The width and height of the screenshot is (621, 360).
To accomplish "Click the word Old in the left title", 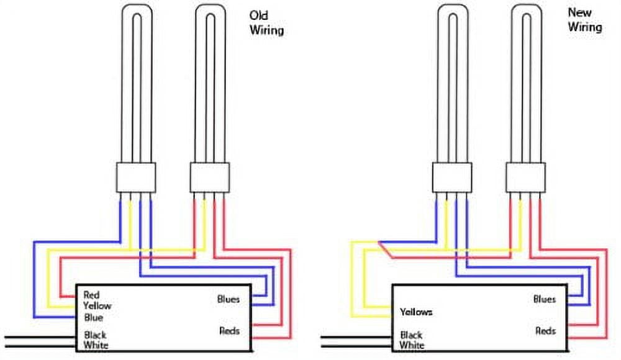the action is (258, 16).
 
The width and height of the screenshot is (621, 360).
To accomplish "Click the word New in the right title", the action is (579, 12).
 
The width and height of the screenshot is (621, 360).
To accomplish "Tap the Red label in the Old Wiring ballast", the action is (91, 295).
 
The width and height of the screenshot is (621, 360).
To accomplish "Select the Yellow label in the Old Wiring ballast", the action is (97, 306).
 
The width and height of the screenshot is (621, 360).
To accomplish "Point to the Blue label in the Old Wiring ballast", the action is (94, 318).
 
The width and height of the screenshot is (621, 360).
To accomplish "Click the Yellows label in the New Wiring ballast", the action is (416, 312).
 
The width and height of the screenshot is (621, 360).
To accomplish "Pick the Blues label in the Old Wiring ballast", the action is (229, 299).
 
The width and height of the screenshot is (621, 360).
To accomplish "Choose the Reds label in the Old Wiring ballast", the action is (229, 331).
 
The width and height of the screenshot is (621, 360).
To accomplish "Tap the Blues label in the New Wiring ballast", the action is (545, 299).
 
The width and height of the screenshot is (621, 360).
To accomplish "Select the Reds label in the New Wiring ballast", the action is (545, 331).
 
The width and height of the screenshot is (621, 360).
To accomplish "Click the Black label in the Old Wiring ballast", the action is (95, 335).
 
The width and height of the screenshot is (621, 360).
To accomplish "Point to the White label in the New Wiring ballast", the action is (412, 345).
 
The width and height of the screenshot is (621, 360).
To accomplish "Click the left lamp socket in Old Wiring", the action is (136, 178).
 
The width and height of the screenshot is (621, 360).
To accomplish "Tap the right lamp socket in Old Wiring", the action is (210, 178).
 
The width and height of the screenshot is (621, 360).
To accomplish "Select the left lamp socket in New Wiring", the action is (452, 178).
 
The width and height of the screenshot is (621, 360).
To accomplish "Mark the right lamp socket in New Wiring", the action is (525, 178).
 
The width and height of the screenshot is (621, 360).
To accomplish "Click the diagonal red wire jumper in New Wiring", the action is (386, 250).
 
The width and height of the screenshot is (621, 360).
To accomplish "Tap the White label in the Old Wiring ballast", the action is (96, 345).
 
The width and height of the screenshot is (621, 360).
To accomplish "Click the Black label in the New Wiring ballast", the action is (411, 335).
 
